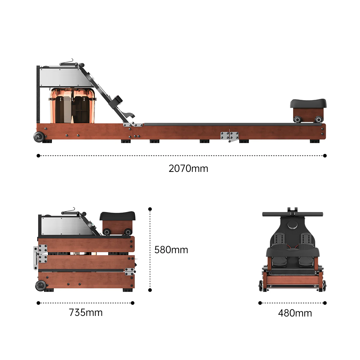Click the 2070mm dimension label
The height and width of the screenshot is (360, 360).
click(188, 169)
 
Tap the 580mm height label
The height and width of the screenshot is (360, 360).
click(171, 250)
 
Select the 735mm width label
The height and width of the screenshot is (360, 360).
click(86, 313)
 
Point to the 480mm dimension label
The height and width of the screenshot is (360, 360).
click(295, 313)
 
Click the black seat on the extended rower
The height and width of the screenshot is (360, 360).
click(308, 103)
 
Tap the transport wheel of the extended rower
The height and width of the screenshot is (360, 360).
click(39, 137)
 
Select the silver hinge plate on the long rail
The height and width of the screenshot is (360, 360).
click(229, 136)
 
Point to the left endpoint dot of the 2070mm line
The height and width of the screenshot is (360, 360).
click(38, 156)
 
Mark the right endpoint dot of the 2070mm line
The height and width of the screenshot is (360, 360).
click(325, 156)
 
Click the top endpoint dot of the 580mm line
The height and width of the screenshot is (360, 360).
click(150, 209)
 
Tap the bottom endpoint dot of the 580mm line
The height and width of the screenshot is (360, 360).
click(150, 290)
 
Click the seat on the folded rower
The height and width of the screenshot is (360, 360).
click(117, 216)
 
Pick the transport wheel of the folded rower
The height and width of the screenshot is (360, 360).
click(40, 286)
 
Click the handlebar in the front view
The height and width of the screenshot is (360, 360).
click(292, 214)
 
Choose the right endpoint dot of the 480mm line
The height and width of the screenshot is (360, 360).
click(325, 303)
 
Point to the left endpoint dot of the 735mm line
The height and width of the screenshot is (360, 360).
click(38, 303)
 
